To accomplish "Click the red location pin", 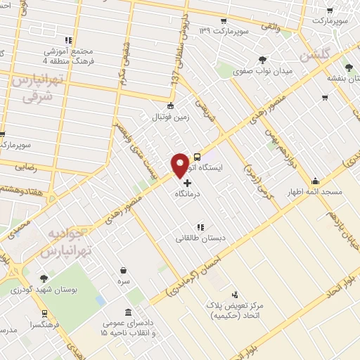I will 180,165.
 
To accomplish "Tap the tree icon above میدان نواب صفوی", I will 262,60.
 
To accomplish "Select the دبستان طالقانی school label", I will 201,239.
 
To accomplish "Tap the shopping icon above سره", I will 124,271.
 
